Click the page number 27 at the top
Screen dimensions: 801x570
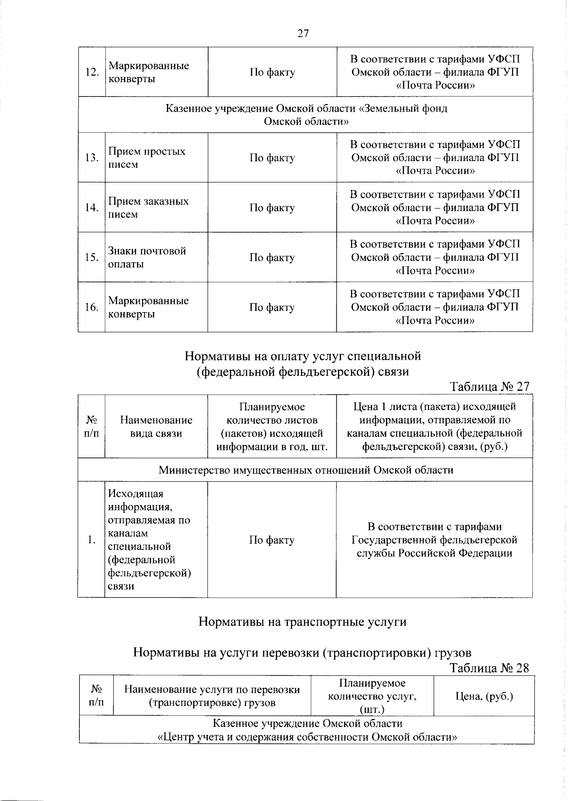pos(303,33)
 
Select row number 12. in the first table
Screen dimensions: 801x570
pos(92,72)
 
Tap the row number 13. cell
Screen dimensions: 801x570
pos(92,158)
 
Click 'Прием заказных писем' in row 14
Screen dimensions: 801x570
pos(148,208)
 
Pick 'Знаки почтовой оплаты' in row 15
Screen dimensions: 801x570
pos(147,257)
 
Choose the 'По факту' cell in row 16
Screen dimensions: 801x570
pos(272,307)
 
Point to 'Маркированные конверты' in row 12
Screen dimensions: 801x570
pos(148,72)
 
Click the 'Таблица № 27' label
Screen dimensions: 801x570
pos(489,387)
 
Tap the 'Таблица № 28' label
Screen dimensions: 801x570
pos(489,668)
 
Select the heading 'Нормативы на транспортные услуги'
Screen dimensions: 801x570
pos(302,622)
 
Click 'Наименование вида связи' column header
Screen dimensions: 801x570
pos(156,427)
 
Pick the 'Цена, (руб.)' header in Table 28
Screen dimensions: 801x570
pos(484,696)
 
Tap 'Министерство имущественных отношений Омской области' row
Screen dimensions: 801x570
pos(306,470)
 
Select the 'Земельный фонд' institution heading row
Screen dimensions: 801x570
pos(306,115)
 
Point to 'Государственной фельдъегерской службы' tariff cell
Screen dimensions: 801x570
pos(434,540)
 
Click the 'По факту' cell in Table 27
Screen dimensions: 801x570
pos(272,540)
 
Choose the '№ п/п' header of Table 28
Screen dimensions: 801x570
pos(97,696)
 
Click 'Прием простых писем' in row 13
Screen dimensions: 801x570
pos(147,158)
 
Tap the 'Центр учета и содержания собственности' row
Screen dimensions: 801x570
pos(307,730)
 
